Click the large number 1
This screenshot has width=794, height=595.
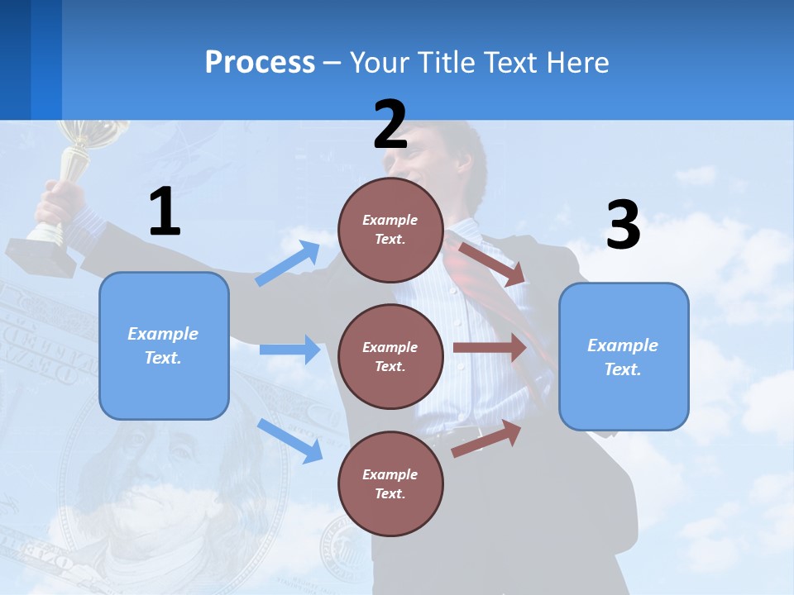pyautogui.click(x=165, y=212)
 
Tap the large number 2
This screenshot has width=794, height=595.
pyautogui.click(x=390, y=125)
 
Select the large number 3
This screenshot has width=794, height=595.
pyautogui.click(x=624, y=226)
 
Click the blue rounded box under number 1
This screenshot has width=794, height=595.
pyautogui.click(x=164, y=345)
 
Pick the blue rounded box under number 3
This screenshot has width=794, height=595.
pyautogui.click(x=624, y=357)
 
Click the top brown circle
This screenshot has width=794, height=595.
pyautogui.click(x=390, y=230)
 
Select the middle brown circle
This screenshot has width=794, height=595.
pyautogui.click(x=390, y=356)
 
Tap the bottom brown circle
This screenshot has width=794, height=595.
pyautogui.click(x=390, y=483)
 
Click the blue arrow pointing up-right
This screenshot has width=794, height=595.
pyautogui.click(x=288, y=264)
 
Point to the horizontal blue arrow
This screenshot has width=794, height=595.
pyautogui.click(x=289, y=350)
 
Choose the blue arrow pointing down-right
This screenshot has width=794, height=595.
pyautogui.click(x=289, y=440)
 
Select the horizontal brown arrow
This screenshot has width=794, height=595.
pyautogui.click(x=490, y=348)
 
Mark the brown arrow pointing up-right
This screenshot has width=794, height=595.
pyautogui.click(x=486, y=439)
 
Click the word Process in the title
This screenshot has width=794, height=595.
pyautogui.click(x=260, y=62)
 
